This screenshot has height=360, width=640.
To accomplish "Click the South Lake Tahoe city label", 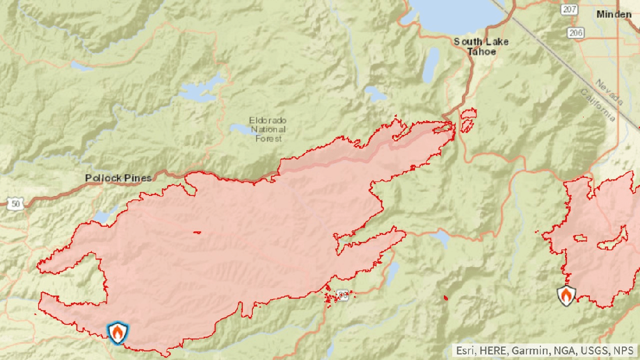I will [x=481, y=47].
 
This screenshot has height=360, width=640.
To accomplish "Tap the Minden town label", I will [x=614, y=15].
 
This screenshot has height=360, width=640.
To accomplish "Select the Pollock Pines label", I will [x=118, y=178].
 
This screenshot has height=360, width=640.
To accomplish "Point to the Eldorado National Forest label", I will [x=268, y=129].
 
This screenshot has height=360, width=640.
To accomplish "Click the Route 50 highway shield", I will [x=15, y=204].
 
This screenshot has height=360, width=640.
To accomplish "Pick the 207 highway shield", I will [x=570, y=10].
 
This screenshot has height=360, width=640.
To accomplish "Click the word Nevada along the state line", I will [x=605, y=92].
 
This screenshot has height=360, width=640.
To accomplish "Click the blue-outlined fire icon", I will [x=118, y=333].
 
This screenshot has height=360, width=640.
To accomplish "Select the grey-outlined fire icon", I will [x=566, y=295].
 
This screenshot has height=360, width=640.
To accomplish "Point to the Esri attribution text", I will [x=545, y=351].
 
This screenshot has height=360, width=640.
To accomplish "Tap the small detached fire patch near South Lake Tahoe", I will [x=468, y=120].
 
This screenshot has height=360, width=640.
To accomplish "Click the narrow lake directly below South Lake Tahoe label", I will [x=431, y=65].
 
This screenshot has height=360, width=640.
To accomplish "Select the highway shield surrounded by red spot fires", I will [x=343, y=296].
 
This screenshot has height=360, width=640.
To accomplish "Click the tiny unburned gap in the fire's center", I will [x=197, y=233].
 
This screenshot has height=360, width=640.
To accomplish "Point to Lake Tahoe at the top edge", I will [x=454, y=15].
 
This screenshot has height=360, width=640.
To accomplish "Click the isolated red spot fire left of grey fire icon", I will [x=446, y=298].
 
